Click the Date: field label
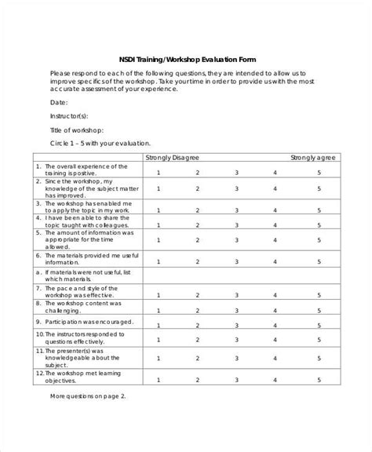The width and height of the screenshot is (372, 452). pyautogui.click(x=59, y=103)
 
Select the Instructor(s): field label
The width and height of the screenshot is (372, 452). pyautogui.click(x=71, y=116)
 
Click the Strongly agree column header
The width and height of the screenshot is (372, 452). pyautogui.click(x=313, y=157)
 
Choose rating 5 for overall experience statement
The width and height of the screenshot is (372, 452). pyautogui.click(x=319, y=172)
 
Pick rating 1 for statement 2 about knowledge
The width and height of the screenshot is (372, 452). pyautogui.click(x=159, y=189)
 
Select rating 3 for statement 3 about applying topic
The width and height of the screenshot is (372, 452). pyautogui.click(x=236, y=210)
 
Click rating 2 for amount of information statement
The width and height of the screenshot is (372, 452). pyautogui.click(x=198, y=241)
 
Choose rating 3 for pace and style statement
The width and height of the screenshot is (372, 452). pyautogui.click(x=236, y=294)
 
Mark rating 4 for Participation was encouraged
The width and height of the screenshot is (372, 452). pyautogui.click(x=275, y=323)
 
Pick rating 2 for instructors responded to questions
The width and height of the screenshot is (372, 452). pyautogui.click(x=198, y=337)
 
